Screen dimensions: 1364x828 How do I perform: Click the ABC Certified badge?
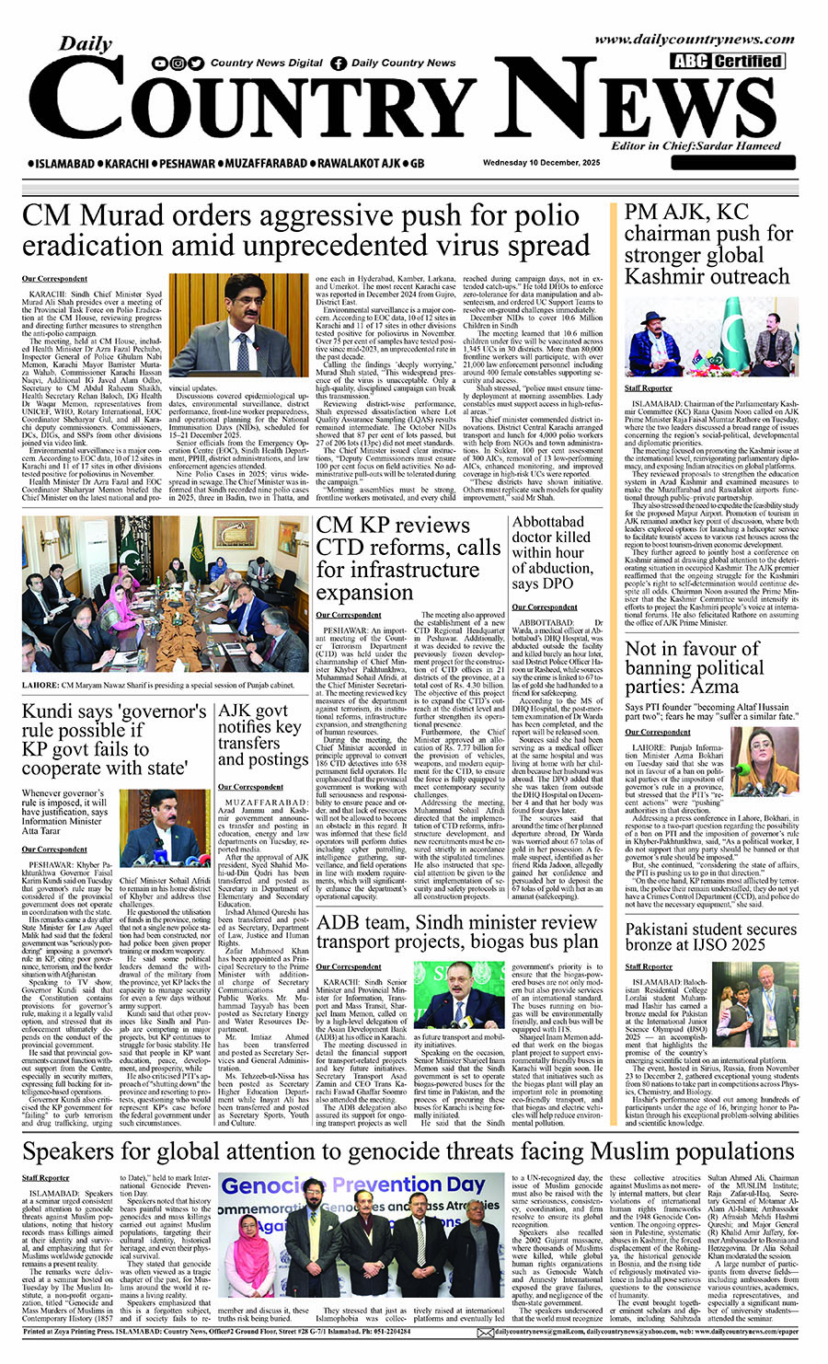point(727,62)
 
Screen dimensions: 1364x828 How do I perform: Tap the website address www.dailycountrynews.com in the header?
point(694,40)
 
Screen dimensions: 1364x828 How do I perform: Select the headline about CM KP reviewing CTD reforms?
point(408,558)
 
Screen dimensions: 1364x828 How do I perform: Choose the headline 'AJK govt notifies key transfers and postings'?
point(262,734)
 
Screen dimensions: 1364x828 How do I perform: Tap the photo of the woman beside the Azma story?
point(765,760)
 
